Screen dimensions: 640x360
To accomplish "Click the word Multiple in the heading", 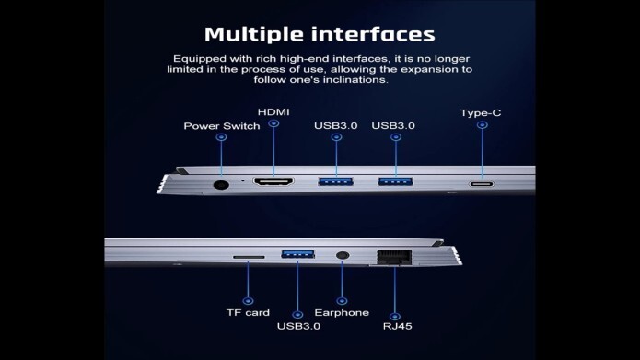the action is [x=253, y=35].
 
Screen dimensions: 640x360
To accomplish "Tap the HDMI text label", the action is [x=273, y=112].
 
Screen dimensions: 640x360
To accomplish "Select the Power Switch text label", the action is [x=222, y=126].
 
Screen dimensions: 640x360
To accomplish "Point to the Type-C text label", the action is [x=481, y=113].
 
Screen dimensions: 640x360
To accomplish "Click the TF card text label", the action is [x=248, y=313].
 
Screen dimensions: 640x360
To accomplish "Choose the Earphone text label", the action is [x=342, y=313].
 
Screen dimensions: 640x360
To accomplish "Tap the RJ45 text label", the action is [x=397, y=326].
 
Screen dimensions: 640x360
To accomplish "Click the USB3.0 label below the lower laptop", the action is [x=298, y=326].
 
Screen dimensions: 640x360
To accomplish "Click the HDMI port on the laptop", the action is [x=273, y=181].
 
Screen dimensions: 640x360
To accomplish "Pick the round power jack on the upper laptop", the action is [x=221, y=185].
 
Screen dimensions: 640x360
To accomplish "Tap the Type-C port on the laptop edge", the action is [x=482, y=184].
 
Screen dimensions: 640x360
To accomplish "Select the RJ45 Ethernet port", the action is [x=394, y=257].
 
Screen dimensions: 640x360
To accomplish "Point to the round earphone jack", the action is [x=343, y=256].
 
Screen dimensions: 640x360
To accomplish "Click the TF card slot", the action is [x=249, y=257].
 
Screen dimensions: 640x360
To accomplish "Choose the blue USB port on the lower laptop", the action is [x=297, y=254].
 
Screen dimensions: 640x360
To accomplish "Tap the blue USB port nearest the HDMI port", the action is [x=335, y=181].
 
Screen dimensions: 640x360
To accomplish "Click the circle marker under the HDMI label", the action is [x=273, y=123].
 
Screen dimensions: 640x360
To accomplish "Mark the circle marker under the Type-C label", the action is [x=482, y=125].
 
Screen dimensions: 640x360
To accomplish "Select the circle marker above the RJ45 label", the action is [x=394, y=317].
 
